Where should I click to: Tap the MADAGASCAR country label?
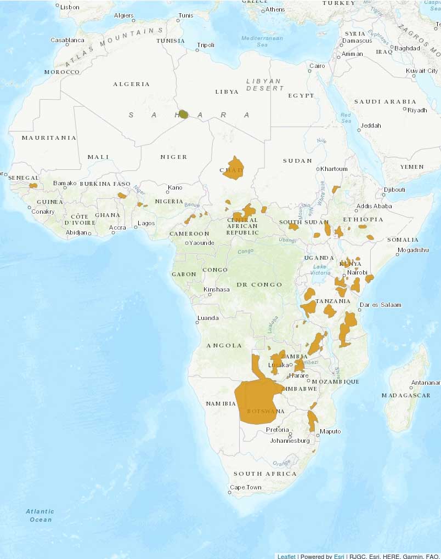pyautogui.click(x=406, y=395)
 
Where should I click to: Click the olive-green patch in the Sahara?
pyautogui.click(x=184, y=114)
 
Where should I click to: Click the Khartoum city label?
pyautogui.click(x=335, y=169)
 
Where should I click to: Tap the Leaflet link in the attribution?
pyautogui.click(x=286, y=556)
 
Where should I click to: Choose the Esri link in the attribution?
pyautogui.click(x=338, y=556)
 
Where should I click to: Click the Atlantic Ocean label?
pyautogui.click(x=39, y=515)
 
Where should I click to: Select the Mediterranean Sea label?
pyautogui.click(x=262, y=42)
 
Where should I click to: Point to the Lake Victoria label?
pyautogui.click(x=320, y=270)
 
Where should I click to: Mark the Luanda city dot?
pyautogui.click(x=197, y=323)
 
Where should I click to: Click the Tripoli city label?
pyautogui.click(x=206, y=45)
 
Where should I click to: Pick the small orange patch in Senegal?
pyautogui.click(x=33, y=186)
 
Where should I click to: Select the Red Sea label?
pyautogui.click(x=346, y=117)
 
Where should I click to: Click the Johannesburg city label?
pyautogui.click(x=290, y=440)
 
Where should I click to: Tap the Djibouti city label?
pyautogui.click(x=395, y=190)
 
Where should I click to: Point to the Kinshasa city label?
pyautogui.click(x=217, y=289)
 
